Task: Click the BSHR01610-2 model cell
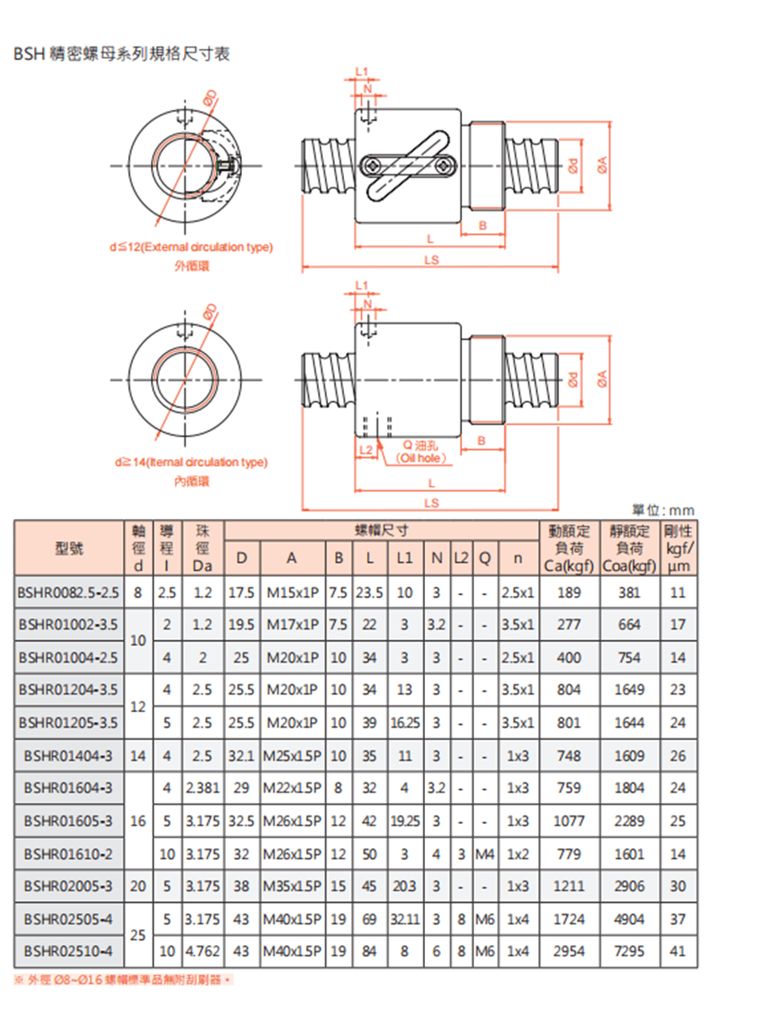tap(69, 854)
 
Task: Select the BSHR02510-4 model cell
tap(69, 951)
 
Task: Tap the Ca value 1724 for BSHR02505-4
tap(568, 919)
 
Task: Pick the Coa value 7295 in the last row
tap(629, 951)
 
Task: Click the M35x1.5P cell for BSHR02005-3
tap(292, 886)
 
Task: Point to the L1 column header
tap(404, 558)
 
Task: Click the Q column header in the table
tap(484, 558)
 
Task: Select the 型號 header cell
tap(69, 548)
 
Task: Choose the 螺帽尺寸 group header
tap(381, 531)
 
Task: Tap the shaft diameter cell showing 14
tap(138, 755)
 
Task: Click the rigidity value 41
tap(678, 951)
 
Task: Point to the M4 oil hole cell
tap(484, 854)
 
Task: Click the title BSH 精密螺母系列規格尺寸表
tap(122, 53)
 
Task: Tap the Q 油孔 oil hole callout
tap(421, 452)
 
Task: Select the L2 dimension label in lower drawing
tap(366, 449)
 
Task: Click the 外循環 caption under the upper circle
tap(191, 266)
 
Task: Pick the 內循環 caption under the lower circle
tap(191, 481)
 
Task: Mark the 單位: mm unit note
tap(663, 511)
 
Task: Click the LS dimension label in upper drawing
tap(432, 260)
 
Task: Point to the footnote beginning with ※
tap(122, 980)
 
